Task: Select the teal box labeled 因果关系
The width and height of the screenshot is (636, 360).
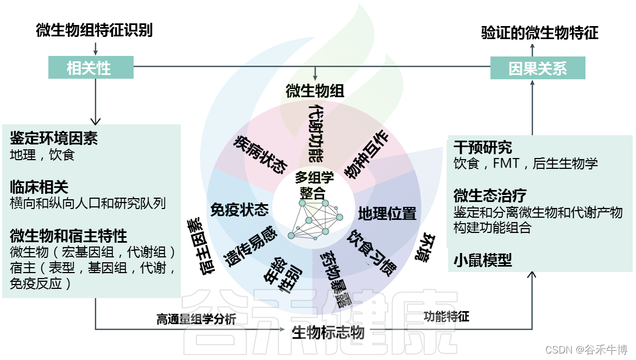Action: point(537,68)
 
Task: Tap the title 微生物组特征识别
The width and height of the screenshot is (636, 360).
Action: point(95,30)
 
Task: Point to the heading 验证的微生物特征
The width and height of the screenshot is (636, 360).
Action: point(539,33)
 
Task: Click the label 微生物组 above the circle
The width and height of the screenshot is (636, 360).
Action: point(314,91)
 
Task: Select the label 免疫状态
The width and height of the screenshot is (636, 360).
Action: point(240,209)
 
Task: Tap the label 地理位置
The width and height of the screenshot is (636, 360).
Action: point(387,213)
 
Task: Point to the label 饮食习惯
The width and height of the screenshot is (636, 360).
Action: point(372,252)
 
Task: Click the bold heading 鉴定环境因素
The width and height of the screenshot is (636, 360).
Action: point(54,138)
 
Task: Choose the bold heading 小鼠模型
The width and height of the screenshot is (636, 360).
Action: point(482,261)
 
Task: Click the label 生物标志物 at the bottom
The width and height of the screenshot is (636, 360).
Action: point(328,332)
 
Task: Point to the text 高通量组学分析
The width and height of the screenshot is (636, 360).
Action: point(196,319)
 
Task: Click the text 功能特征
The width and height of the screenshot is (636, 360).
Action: point(446,317)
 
